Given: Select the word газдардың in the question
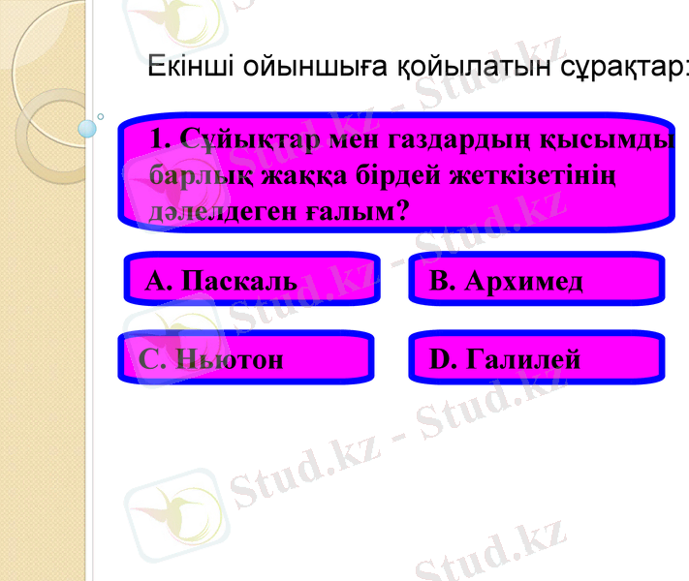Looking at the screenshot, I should coord(456,142).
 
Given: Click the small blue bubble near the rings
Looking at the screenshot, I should coord(88,128).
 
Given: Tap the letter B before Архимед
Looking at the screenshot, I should coord(439,281).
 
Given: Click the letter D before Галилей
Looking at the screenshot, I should coord(439,359).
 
